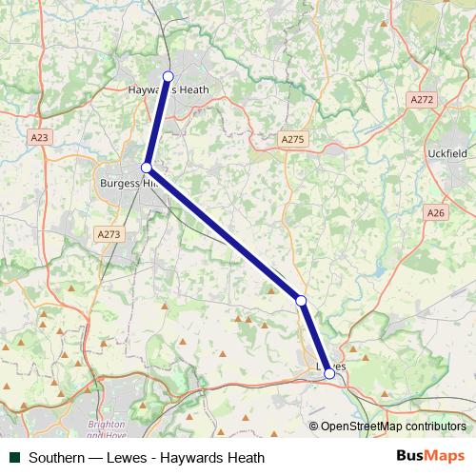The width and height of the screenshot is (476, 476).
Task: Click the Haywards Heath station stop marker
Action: point(169,76)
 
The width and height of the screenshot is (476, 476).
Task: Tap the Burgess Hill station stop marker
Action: point(147,168)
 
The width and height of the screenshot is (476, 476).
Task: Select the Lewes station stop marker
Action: point(329,373)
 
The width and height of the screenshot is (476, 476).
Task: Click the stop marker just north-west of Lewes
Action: point(301,300)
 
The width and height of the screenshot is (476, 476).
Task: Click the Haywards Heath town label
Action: point(168,91)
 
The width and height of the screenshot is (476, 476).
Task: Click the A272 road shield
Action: point(421,99)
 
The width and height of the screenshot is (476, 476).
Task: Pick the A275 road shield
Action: point(292,139)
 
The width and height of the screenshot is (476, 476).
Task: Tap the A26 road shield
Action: point(437,213)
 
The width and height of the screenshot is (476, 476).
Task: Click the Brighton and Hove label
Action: point(107,429)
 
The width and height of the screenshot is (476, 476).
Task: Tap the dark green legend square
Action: point(13,458)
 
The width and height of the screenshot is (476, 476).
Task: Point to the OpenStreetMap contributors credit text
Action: point(391,427)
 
